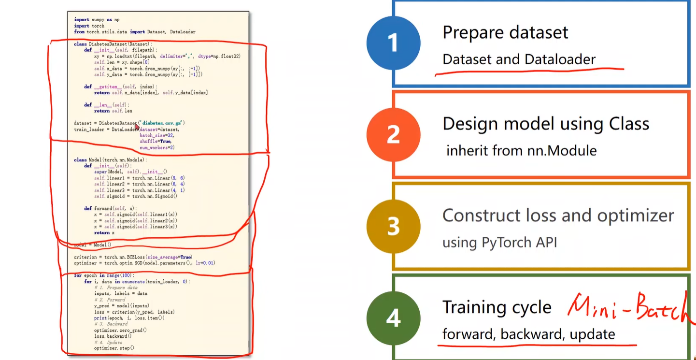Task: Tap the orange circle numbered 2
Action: [x=393, y=135]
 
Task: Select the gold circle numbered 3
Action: [x=393, y=226]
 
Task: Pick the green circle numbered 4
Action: [x=393, y=318]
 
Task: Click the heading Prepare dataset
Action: [x=505, y=32]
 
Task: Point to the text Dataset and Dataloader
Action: [x=519, y=59]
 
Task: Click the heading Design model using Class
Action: [x=546, y=124]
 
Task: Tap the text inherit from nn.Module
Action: [x=521, y=150]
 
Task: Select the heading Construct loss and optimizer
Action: [x=558, y=215]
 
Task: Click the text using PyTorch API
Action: [x=499, y=242]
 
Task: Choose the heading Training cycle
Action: [x=497, y=307]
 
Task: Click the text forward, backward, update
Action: [x=528, y=334]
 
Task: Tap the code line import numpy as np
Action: [x=97, y=20]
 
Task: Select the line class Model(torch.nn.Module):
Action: [x=110, y=159]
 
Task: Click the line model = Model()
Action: [x=93, y=245]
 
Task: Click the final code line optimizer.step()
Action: [x=114, y=348]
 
